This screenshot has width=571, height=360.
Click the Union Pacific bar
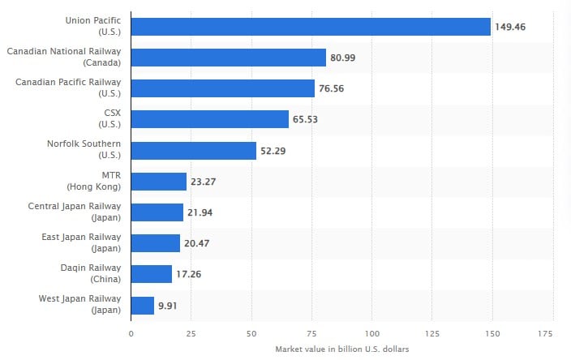311,27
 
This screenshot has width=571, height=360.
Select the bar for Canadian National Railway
229,58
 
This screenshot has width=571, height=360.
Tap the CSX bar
210,119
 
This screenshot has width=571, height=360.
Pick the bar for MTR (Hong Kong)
159,182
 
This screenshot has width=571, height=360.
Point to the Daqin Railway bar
152,274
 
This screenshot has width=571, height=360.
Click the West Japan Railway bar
143,306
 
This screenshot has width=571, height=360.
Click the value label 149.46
510,27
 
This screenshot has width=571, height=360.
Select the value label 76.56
332,88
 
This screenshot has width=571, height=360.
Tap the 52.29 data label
273,151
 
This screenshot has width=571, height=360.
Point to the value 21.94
200,212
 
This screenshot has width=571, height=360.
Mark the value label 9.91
168,306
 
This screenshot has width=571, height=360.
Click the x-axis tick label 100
371,333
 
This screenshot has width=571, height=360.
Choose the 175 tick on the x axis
545,333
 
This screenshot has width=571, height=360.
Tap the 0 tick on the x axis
131,333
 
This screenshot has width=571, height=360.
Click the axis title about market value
342,349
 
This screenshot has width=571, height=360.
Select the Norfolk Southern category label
84,149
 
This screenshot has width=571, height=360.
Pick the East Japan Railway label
81,242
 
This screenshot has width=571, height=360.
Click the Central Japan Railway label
75,212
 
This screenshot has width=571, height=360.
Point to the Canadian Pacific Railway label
68,88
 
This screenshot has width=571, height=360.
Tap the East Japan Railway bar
156,243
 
